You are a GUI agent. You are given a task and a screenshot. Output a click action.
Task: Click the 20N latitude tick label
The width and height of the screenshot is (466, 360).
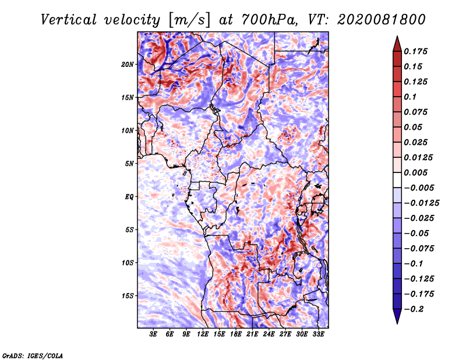pyautogui.click(x=128, y=65)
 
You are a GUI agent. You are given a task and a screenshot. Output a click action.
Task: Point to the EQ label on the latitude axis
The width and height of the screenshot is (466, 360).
pyautogui.click(x=129, y=197)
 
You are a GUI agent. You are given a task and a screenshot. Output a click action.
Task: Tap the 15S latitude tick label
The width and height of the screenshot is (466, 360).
pyautogui.click(x=128, y=296)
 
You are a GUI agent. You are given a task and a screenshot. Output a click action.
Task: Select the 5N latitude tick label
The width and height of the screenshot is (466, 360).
pyautogui.click(x=129, y=164)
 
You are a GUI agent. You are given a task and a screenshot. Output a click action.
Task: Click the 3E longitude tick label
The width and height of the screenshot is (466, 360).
pyautogui.click(x=153, y=334)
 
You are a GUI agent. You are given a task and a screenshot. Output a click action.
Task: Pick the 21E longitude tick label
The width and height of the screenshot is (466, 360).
pyautogui.click(x=252, y=334)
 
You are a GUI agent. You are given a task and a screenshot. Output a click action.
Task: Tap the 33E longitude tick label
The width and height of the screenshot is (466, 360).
pyautogui.click(x=318, y=334)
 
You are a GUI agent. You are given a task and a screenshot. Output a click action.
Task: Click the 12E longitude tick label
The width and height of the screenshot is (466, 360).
pyautogui.click(x=202, y=334)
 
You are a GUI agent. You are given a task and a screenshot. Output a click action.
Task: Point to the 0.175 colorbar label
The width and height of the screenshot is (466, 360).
pyautogui.click(x=415, y=51)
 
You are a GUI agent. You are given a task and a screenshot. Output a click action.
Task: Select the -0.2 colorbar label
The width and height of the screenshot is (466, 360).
pyautogui.click(x=414, y=309)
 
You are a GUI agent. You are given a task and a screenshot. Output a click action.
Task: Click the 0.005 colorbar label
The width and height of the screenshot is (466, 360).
pyautogui.click(x=415, y=172)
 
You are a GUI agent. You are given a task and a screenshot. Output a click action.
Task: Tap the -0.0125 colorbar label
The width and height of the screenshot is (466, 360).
pyautogui.click(x=421, y=203)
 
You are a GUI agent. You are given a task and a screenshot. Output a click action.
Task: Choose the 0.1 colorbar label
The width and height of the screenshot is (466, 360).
pyautogui.click(x=410, y=97)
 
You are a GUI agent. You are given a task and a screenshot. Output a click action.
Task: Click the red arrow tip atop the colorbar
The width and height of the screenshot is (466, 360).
pyautogui.click(x=397, y=36)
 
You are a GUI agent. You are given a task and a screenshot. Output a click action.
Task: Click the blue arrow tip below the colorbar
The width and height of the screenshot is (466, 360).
pyautogui.click(x=397, y=323)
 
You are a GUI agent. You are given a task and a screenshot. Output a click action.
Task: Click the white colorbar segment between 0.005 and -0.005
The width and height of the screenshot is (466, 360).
pyautogui.click(x=397, y=180)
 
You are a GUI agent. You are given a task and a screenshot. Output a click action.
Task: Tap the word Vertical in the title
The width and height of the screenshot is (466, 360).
pyautogui.click(x=68, y=20)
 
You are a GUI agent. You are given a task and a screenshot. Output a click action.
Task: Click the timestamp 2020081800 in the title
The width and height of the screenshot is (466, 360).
pyautogui.click(x=382, y=20)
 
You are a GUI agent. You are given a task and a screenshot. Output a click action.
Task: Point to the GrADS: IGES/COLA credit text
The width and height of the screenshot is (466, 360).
pyautogui.click(x=33, y=355)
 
